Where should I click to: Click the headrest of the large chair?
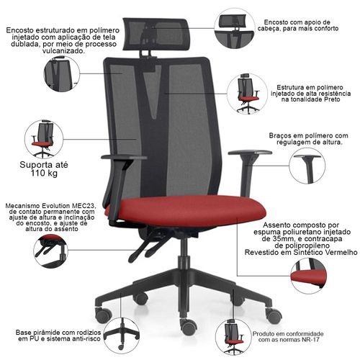(x=156, y=34)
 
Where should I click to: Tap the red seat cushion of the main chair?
(x=186, y=210)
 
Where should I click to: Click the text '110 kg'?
(x=44, y=174)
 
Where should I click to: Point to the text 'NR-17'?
(x=311, y=339)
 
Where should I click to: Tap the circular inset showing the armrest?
(x=307, y=166)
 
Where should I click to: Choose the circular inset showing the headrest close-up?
(x=235, y=28)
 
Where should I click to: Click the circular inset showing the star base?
(x=122, y=336)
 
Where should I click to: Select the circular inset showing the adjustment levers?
(x=51, y=251)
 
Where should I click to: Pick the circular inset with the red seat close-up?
(x=308, y=276)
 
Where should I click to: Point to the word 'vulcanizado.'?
(x=63, y=51)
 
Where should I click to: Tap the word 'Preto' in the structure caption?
(x=332, y=99)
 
